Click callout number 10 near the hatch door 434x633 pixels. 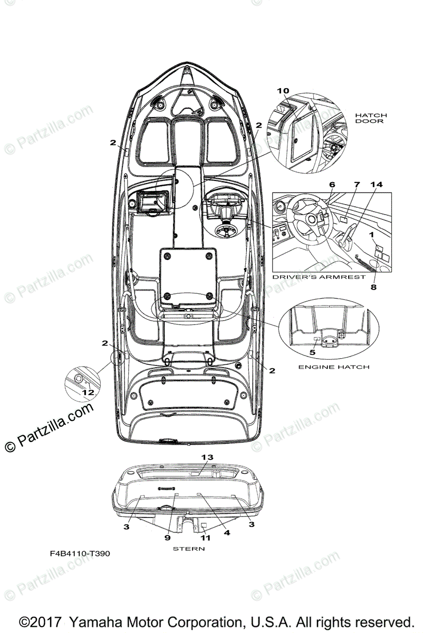(283, 91)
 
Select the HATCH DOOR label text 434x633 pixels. (370, 118)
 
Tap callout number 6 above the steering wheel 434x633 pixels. (332, 185)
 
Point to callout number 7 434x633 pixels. (356, 185)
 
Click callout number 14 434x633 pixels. (376, 185)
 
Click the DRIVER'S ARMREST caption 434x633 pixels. (319, 276)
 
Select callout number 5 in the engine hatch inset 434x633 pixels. (312, 351)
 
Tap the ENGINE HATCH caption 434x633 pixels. (334, 367)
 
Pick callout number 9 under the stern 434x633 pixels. (167, 538)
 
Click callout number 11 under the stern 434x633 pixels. (205, 538)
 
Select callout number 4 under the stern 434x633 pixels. (227, 533)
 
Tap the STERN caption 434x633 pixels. (188, 549)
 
